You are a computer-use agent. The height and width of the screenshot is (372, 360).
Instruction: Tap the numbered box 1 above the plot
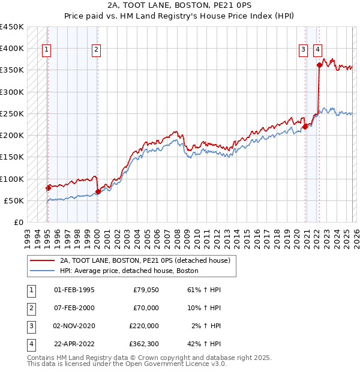[47, 50]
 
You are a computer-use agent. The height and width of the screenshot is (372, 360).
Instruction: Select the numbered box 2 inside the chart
[96, 50]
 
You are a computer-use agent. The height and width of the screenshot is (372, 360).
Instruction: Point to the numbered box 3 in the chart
[304, 50]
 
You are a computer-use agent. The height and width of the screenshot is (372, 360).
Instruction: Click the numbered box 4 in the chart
[317, 50]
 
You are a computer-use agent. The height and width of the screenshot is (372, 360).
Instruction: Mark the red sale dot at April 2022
[319, 65]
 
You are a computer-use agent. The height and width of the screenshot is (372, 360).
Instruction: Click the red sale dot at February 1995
[48, 188]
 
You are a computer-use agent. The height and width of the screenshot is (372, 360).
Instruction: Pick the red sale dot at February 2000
[98, 192]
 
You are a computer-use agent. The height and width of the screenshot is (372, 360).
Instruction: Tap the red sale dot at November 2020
[305, 127]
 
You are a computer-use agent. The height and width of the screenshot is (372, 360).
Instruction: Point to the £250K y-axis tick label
[11, 114]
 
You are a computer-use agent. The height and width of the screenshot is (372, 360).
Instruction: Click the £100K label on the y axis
[11, 179]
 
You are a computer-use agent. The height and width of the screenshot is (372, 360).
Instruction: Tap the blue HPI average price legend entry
[128, 271]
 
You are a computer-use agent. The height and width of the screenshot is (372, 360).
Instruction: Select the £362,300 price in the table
[143, 344]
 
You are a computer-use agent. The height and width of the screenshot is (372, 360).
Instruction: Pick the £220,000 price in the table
[143, 326]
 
